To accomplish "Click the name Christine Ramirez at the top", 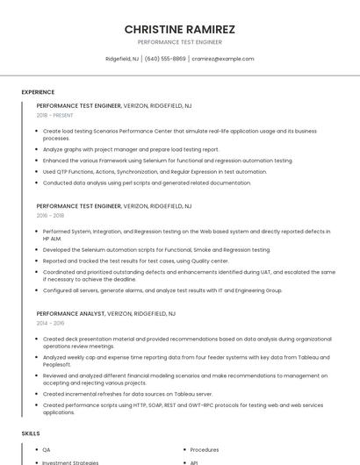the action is [180, 29].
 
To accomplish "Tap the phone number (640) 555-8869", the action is [165, 59].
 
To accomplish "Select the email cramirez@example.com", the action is [222, 59].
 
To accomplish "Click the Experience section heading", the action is [38, 92].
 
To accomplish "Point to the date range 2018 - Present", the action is [54, 115].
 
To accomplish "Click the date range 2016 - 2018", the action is [50, 215].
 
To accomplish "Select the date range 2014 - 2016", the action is [50, 323].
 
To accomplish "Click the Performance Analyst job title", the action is [71, 313].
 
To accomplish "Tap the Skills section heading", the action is [31, 433].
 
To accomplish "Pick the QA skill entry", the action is [47, 449].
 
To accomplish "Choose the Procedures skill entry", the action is [205, 449].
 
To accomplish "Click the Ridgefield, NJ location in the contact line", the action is [122, 59].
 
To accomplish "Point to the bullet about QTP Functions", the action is [155, 172].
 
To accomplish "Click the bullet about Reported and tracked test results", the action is [135, 261].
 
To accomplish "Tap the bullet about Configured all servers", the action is [162, 290].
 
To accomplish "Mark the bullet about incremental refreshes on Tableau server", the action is [128, 394].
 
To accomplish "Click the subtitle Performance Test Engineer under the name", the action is [180, 42].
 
